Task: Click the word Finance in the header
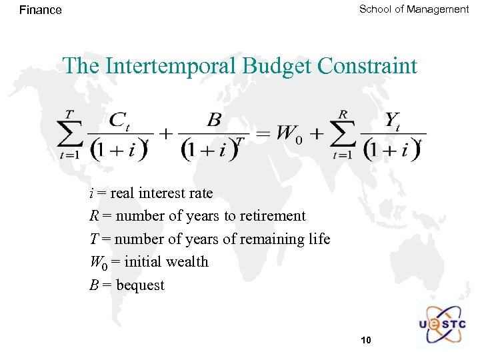point(40,10)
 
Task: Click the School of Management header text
point(414,9)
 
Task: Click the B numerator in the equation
point(215,121)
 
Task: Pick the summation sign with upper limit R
point(343,136)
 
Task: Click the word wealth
point(186,262)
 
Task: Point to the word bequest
point(140,285)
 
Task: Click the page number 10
point(365,341)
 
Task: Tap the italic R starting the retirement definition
point(94,216)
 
